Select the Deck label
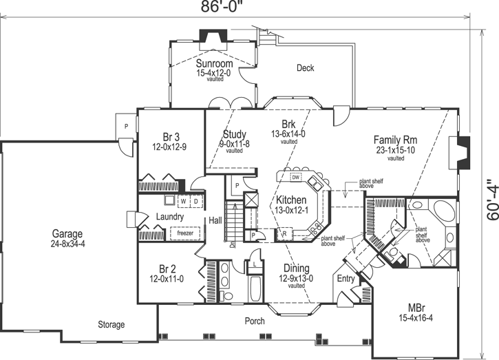tap(305, 67)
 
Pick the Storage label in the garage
tap(111, 324)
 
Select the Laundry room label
tap(169, 218)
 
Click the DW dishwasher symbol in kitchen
tap(295, 178)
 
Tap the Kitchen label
tap(292, 200)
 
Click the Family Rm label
tap(396, 138)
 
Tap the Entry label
tap(345, 278)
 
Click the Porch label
tap(255, 321)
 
